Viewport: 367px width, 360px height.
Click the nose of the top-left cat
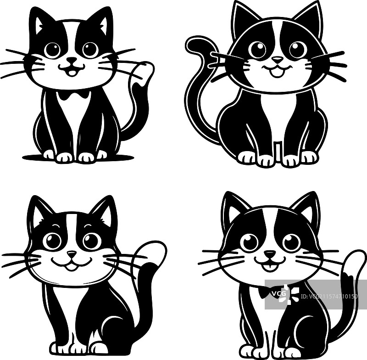pyautogui.click(x=72, y=60)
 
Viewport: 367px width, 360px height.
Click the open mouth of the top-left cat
pyautogui.click(x=72, y=70)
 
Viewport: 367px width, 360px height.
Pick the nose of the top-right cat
pyautogui.click(x=277, y=60)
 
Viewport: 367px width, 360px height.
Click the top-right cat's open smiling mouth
pyautogui.click(x=277, y=71)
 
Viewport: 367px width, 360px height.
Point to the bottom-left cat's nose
pyautogui.click(x=72, y=253)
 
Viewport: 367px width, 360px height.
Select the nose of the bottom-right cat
pyautogui.click(x=270, y=253)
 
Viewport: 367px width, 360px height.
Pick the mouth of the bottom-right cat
pyautogui.click(x=270, y=264)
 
